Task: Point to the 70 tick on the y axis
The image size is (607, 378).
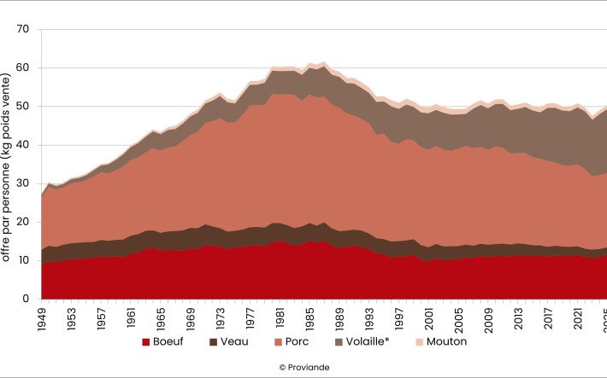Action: [x=23, y=29]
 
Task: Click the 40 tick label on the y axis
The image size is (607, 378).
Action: [x=23, y=145]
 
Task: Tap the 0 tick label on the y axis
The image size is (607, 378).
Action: [x=27, y=299]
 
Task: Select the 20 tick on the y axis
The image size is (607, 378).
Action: [x=23, y=222]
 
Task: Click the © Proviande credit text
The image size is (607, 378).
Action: [x=303, y=367]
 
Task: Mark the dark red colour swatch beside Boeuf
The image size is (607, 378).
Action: [x=147, y=343]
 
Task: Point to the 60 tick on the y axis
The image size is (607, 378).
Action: [x=23, y=67]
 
